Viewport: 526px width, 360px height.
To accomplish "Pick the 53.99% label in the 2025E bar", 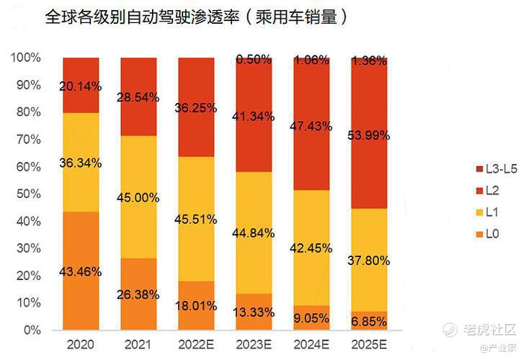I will [x=369, y=135].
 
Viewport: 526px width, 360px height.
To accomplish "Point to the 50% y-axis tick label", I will [x=28, y=194].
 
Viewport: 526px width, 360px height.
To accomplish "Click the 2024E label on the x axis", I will [x=311, y=345].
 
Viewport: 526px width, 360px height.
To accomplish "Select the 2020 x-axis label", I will [x=80, y=345].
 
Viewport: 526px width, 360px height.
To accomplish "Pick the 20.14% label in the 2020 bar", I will [x=80, y=86].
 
